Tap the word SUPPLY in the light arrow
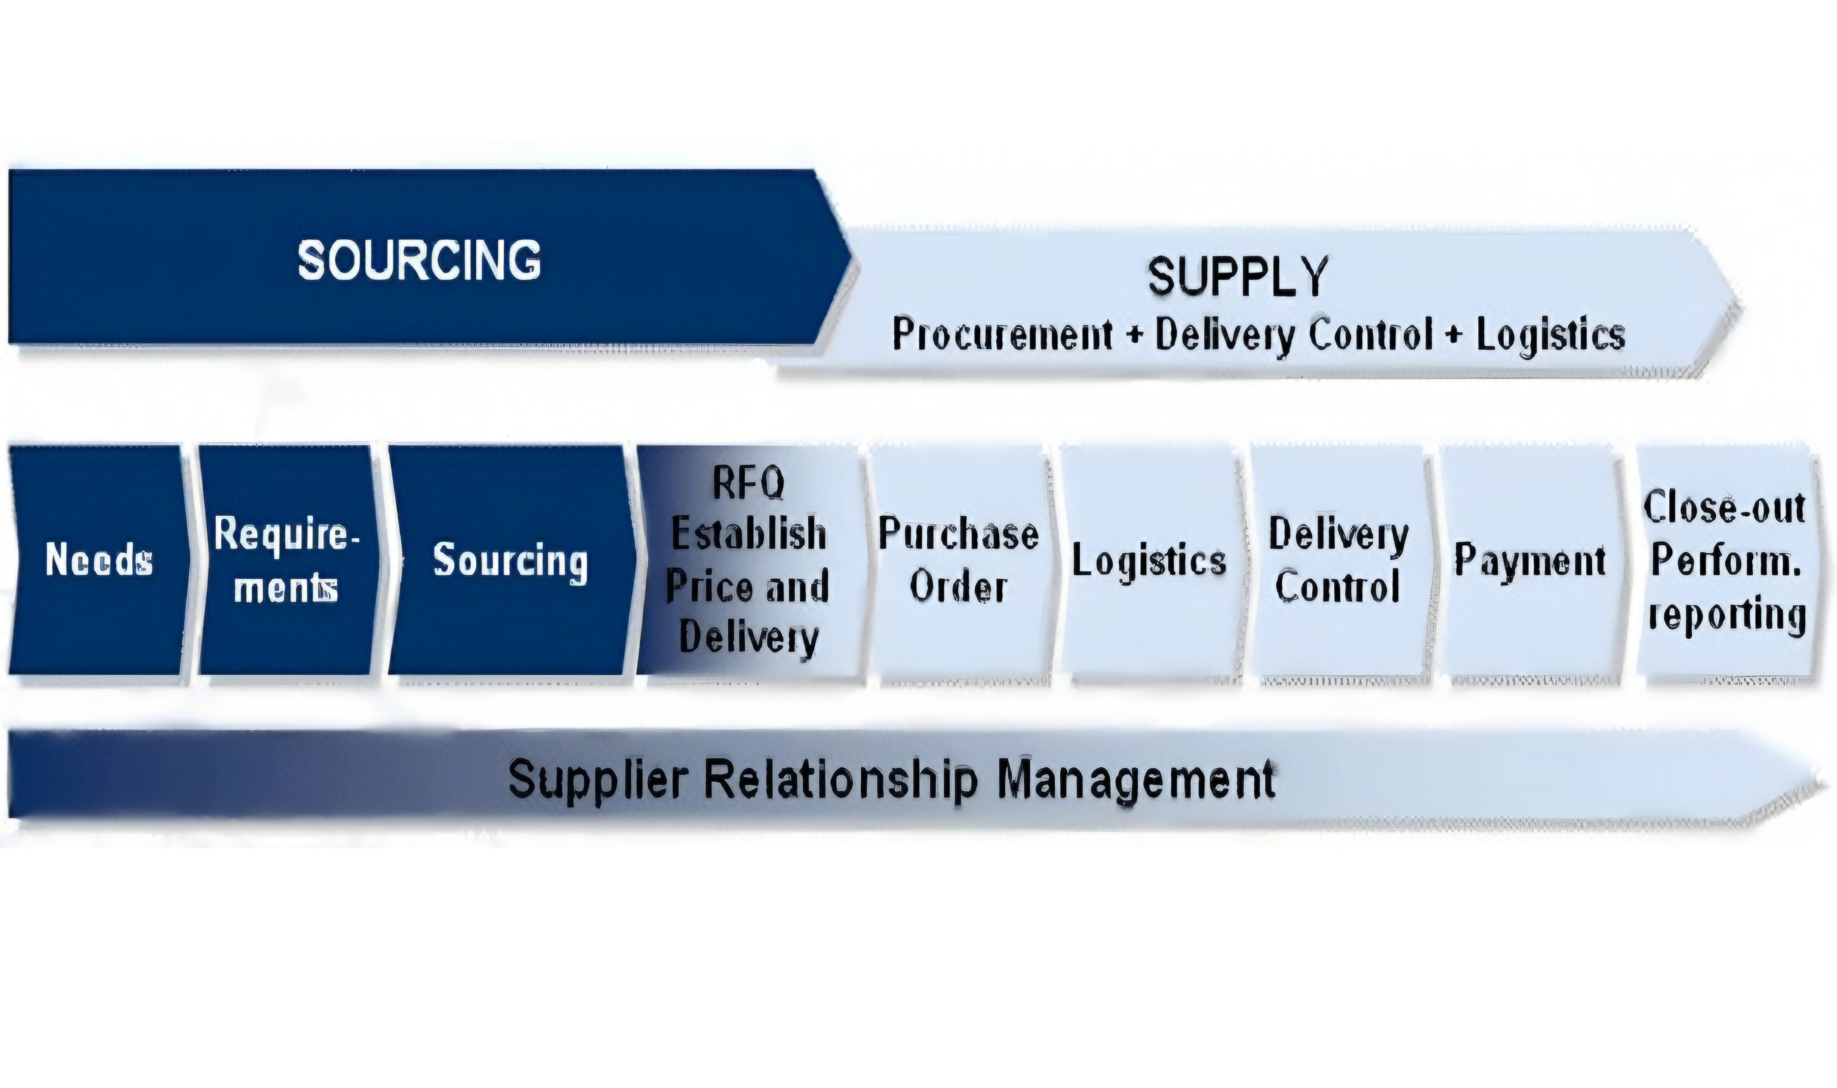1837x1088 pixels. point(1238,277)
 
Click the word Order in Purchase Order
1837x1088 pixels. point(958,586)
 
